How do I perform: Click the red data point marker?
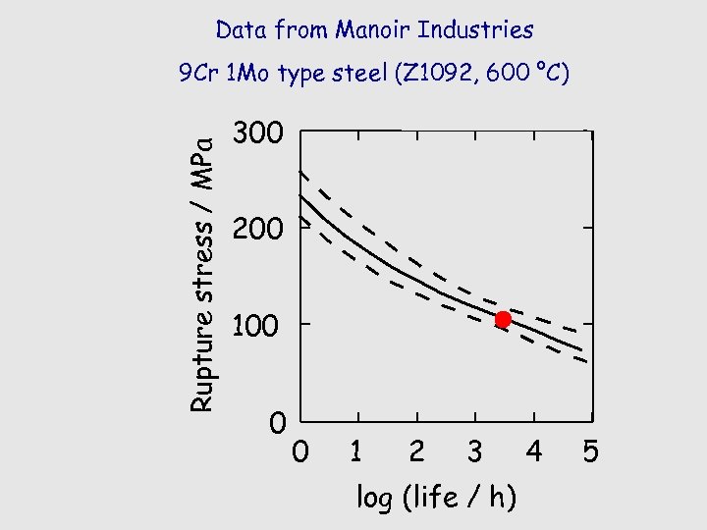point(503,319)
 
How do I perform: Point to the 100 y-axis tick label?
point(256,325)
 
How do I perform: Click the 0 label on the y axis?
point(278,424)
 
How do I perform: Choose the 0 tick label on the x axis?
point(301,452)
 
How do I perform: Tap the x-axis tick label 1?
point(357,451)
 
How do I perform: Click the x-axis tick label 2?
point(416,451)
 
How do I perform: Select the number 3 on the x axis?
point(475,451)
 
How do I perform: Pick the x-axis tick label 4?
point(533,451)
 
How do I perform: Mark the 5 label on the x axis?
point(591,452)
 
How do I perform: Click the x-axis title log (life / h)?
point(436,498)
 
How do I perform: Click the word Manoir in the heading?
point(373,29)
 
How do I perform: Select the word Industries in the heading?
point(475,29)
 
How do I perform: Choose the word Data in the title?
point(241,29)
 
